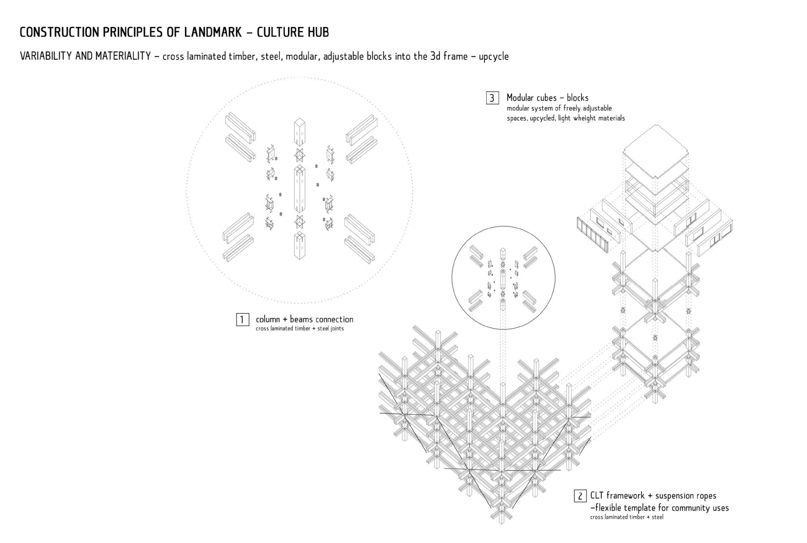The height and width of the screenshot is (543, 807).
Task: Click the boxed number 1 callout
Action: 242,320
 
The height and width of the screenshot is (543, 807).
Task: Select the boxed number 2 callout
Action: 580,496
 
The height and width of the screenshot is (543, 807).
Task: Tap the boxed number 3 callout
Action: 492,98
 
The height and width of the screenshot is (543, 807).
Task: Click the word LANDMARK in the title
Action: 217,32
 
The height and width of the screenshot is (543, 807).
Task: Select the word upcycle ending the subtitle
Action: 493,56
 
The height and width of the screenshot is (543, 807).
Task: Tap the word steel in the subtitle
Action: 271,56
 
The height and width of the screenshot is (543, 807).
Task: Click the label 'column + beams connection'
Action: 304,320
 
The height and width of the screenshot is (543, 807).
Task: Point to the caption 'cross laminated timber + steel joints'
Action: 300,329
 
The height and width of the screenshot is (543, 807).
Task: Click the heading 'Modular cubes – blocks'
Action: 547,98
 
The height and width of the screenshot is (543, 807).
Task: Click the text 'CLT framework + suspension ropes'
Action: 653,496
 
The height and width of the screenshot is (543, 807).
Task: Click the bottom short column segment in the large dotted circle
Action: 300,246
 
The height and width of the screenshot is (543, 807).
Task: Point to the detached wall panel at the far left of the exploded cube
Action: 592,236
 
